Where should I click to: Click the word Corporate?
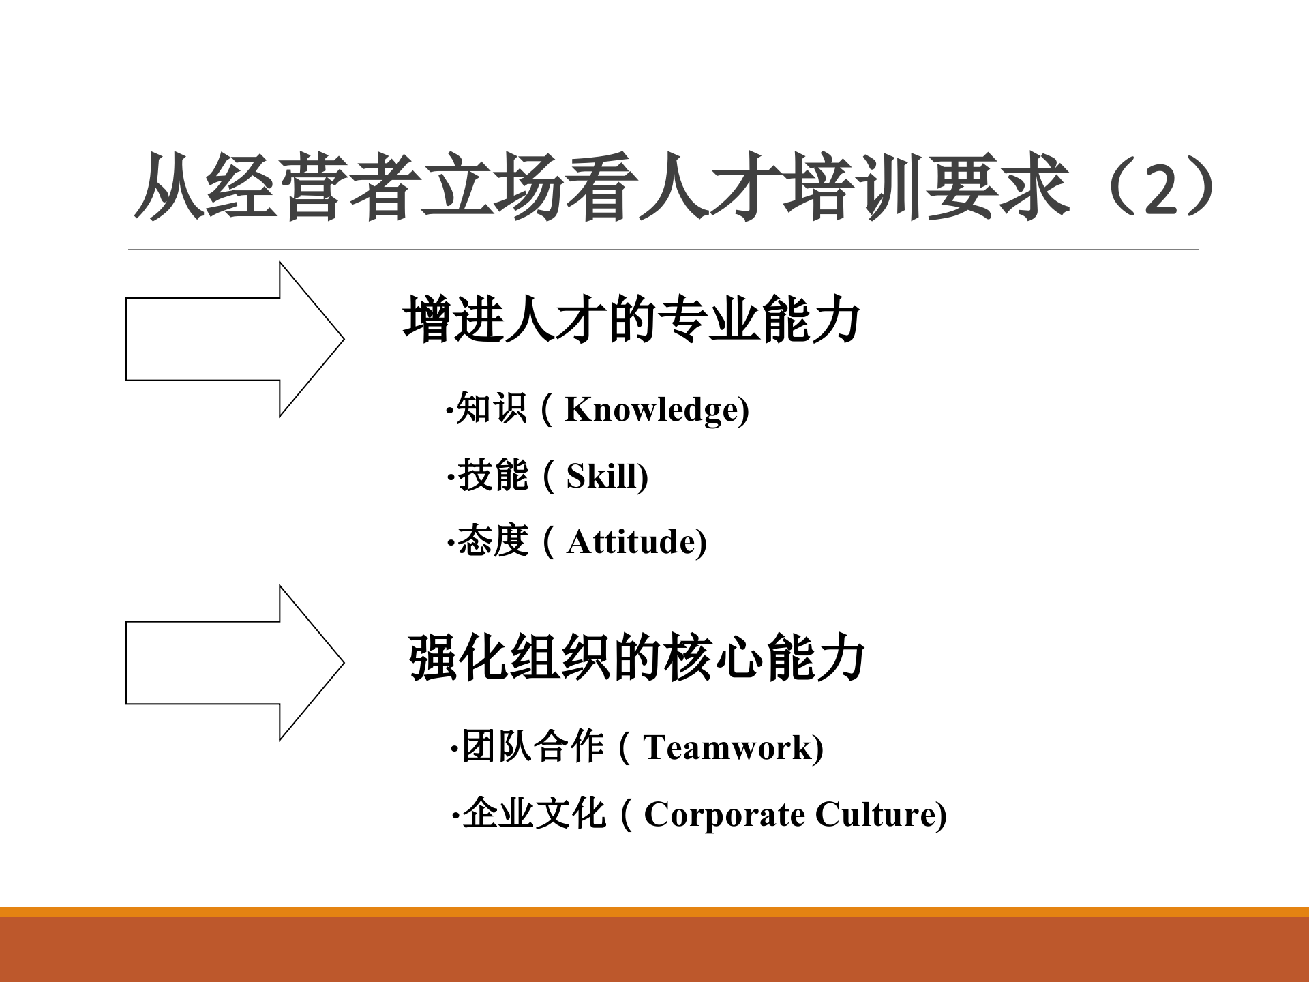724,814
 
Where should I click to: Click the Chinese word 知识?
491,408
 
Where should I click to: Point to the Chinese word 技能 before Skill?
492,475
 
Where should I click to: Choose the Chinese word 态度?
492,541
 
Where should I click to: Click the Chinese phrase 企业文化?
533,813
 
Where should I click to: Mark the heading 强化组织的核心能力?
636,659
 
